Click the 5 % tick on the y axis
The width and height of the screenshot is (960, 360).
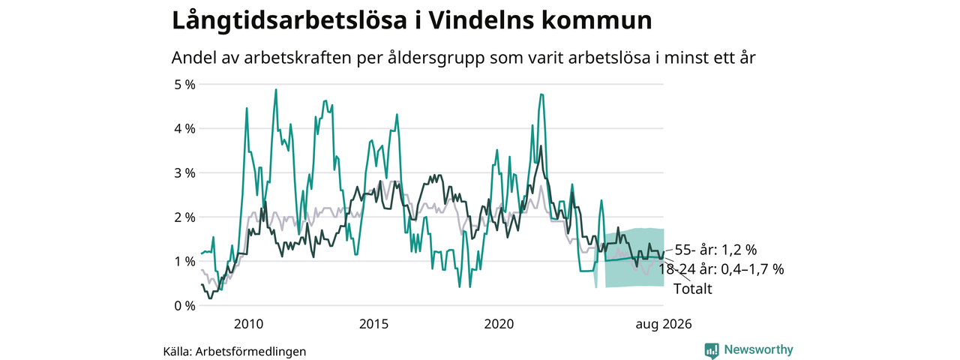(x=184, y=85)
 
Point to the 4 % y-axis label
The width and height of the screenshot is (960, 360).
(x=184, y=129)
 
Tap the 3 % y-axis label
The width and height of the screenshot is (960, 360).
(x=184, y=173)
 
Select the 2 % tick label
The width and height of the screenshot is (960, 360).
(x=184, y=217)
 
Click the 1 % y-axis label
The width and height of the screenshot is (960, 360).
(x=184, y=262)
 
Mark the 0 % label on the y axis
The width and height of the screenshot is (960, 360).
(x=184, y=306)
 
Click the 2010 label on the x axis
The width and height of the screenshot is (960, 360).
(x=248, y=324)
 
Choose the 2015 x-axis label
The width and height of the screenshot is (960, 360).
(x=373, y=324)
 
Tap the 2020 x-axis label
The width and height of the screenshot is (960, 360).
(x=499, y=324)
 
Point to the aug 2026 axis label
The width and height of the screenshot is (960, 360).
(x=664, y=325)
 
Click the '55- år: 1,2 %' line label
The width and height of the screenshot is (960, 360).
(x=715, y=250)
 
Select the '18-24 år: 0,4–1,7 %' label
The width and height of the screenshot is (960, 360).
(x=721, y=269)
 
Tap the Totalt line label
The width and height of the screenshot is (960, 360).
(x=692, y=289)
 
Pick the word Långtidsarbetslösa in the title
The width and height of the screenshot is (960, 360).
(x=289, y=21)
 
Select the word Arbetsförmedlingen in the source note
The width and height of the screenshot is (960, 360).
(x=250, y=352)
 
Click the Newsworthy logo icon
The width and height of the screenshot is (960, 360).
(x=712, y=350)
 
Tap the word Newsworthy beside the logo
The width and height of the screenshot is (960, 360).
(x=758, y=349)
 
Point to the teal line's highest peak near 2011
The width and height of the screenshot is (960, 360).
(x=275, y=89)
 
